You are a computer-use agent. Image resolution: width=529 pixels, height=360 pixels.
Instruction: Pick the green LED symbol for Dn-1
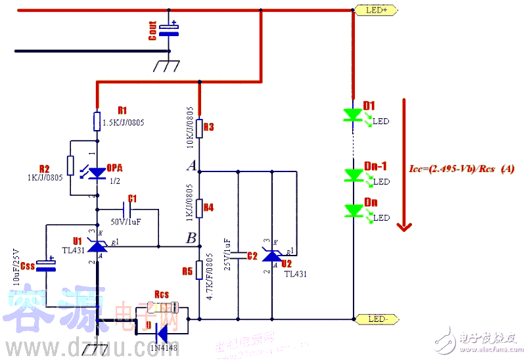(354, 175)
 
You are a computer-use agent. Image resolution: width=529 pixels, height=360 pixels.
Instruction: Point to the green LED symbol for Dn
(354, 211)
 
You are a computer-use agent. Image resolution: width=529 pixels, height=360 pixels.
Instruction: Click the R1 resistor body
(97, 122)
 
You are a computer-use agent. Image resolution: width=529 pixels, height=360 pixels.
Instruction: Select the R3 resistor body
(199, 127)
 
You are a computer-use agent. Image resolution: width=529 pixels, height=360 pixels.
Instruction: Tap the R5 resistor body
(199, 271)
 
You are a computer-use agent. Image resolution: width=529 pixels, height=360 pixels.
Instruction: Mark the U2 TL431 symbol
(272, 256)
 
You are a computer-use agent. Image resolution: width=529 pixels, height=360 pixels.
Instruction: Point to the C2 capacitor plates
(238, 256)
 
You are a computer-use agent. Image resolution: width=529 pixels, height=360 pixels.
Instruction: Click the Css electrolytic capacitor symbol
(46, 266)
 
